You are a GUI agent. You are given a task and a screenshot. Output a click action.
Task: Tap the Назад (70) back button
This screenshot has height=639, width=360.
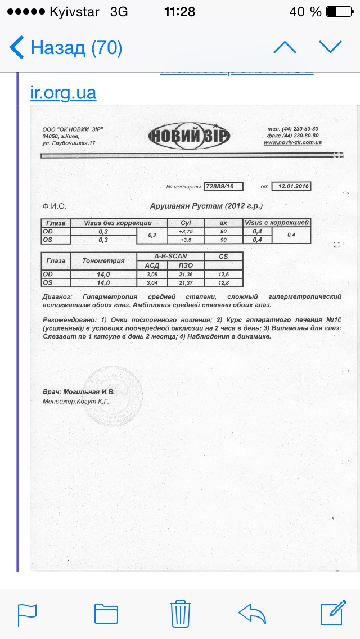[x=66, y=48]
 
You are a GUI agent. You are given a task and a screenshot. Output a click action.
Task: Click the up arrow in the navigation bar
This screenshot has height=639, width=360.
[x=285, y=48]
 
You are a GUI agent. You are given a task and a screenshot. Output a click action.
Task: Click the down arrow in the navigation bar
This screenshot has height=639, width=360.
[x=330, y=48]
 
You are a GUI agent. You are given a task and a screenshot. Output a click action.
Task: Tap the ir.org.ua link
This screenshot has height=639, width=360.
[x=63, y=92]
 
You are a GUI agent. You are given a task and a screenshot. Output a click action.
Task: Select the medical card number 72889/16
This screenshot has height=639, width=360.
[x=223, y=186]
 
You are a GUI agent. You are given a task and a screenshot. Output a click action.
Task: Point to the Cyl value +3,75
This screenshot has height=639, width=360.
[x=186, y=231]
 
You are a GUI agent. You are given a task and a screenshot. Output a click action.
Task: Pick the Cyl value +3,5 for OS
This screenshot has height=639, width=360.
[x=186, y=240]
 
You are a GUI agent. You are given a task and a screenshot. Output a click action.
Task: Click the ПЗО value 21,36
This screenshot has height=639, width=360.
[x=186, y=274]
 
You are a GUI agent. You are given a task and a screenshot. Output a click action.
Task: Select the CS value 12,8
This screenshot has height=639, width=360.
[x=223, y=282]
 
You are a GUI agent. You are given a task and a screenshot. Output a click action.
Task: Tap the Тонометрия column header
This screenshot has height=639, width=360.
[x=103, y=260]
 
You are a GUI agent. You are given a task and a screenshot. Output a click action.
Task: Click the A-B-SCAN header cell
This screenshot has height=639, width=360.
[x=170, y=256]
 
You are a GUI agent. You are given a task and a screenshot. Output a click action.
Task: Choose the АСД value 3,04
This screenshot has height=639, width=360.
[x=152, y=282]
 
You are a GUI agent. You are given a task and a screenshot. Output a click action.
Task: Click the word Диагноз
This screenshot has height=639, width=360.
[x=57, y=296]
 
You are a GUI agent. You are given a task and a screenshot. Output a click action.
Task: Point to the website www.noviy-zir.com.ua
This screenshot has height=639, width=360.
[x=292, y=143]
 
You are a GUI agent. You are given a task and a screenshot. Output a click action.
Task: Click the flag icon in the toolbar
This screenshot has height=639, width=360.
[x=27, y=613]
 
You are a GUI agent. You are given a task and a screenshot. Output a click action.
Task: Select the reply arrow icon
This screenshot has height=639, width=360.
[x=252, y=613]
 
